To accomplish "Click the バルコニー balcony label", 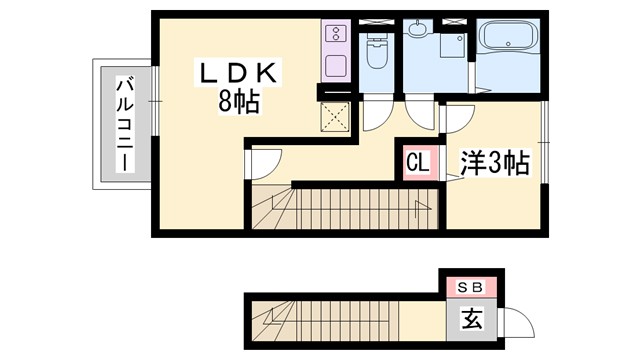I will click(x=125, y=124).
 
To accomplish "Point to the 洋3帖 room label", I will click(x=494, y=162).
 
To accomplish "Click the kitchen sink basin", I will click(x=334, y=64).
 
